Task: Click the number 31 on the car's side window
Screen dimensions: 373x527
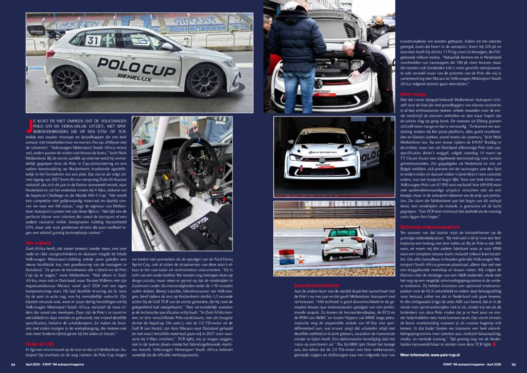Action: click(x=93, y=40)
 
